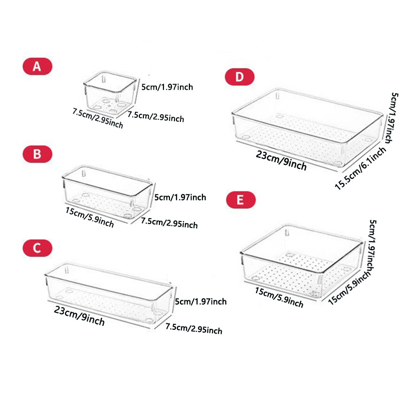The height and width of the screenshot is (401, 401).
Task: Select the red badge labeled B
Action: pyautogui.click(x=37, y=154)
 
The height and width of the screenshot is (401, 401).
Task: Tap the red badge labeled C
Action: pyautogui.click(x=37, y=248)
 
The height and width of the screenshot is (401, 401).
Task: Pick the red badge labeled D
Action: pyautogui.click(x=240, y=76)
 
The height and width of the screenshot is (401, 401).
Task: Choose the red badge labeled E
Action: pyautogui.click(x=241, y=200)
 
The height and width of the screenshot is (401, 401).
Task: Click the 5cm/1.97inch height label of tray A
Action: pyautogui.click(x=167, y=87)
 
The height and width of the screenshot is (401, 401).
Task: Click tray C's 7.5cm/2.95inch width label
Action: pyautogui.click(x=193, y=329)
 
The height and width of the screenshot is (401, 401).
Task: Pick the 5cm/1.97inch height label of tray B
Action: pyautogui.click(x=180, y=197)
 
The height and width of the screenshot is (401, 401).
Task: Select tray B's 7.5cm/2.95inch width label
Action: pyautogui.click(x=169, y=222)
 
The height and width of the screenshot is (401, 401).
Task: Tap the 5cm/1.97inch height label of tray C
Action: pyautogui.click(x=200, y=301)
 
